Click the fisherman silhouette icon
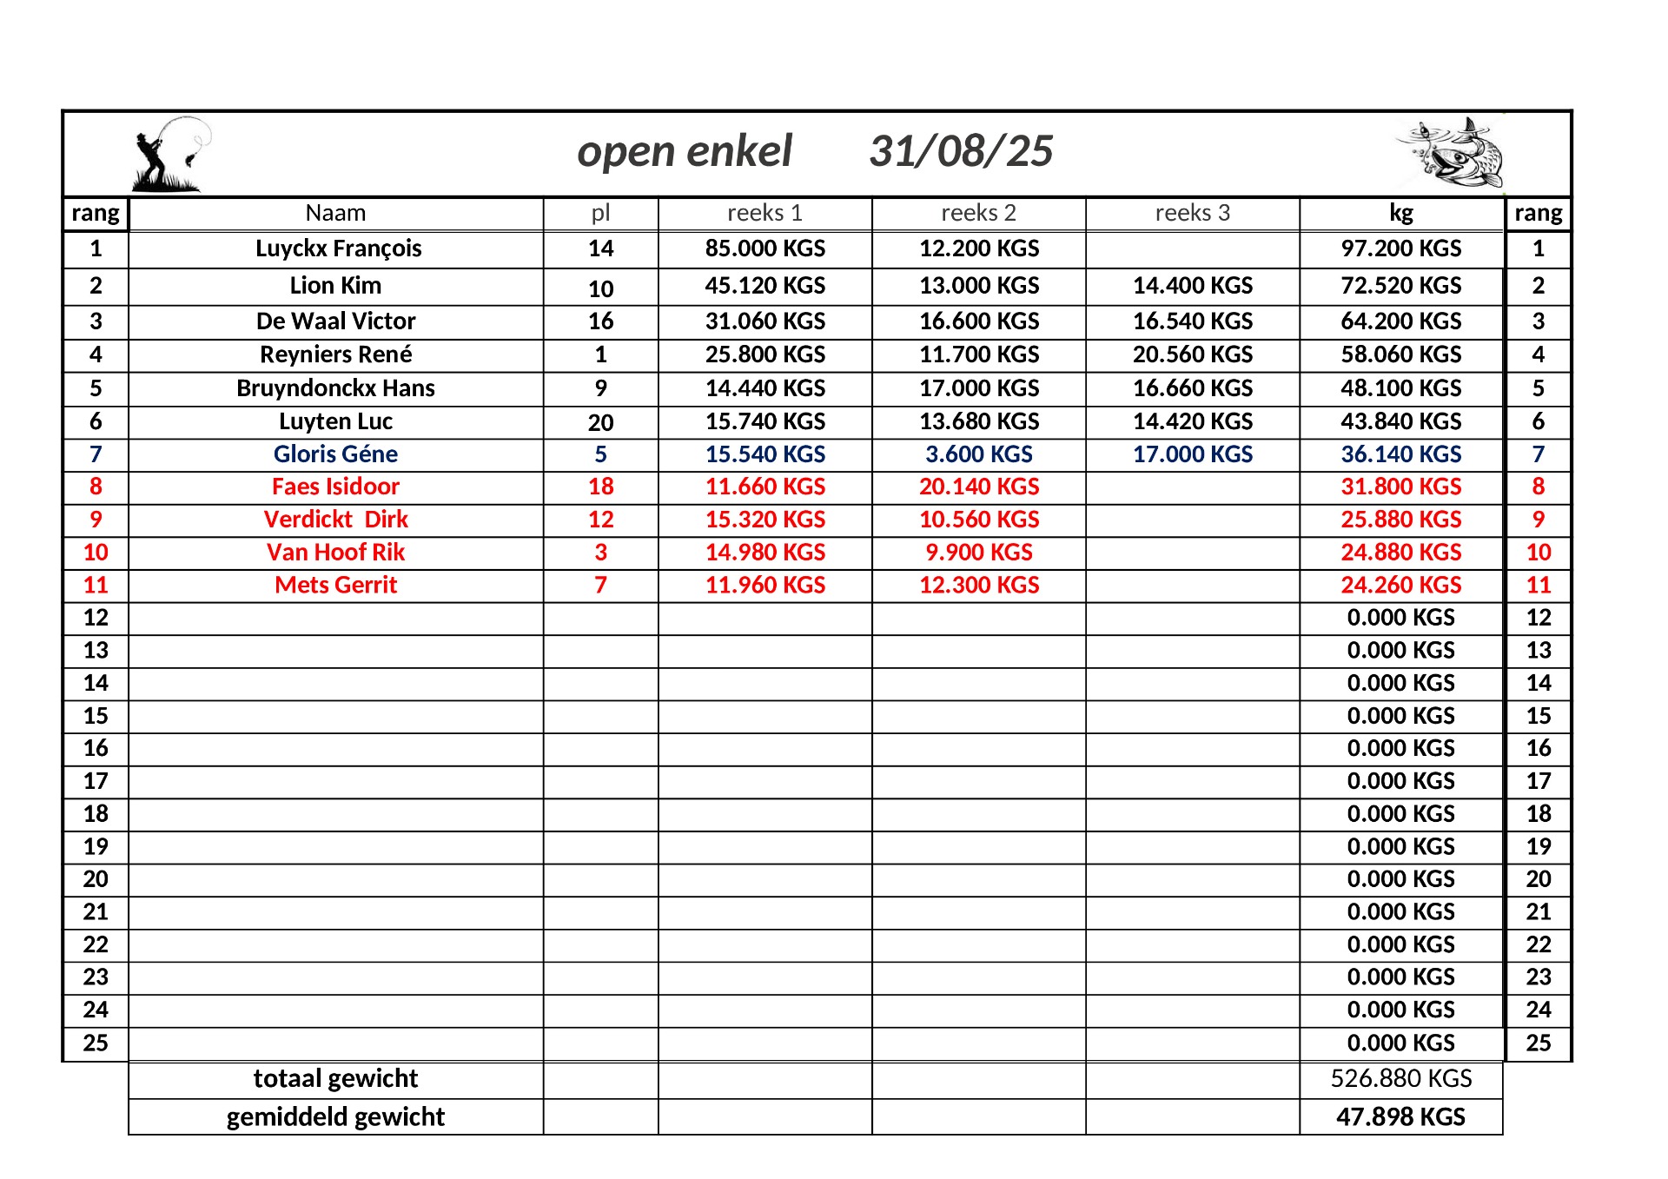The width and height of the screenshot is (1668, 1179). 169,155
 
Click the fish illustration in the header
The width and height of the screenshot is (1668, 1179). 1451,153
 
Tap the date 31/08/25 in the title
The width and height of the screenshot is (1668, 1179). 961,151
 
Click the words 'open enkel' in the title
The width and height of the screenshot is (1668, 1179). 685,151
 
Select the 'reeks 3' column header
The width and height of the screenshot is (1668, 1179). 1192,213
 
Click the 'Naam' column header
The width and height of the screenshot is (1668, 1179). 335,213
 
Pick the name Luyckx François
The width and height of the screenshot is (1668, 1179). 338,248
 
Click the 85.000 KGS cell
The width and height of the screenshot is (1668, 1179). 764,248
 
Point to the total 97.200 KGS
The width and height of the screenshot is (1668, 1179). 1400,248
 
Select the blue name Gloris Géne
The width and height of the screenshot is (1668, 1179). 335,454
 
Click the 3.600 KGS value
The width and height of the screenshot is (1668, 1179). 978,454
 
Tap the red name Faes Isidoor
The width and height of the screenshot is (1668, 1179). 335,487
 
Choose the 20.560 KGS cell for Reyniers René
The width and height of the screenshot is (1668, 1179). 1192,354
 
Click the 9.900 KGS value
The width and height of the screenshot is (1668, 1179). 978,553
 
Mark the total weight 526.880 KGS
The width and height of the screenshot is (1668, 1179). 1400,1078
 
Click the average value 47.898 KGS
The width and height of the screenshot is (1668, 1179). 1400,1116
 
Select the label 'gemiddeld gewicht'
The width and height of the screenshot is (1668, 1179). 335,1116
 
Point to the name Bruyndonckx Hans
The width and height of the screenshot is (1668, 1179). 335,388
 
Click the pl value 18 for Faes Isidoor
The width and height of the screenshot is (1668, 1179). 600,487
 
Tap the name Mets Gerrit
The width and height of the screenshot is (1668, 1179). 335,586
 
